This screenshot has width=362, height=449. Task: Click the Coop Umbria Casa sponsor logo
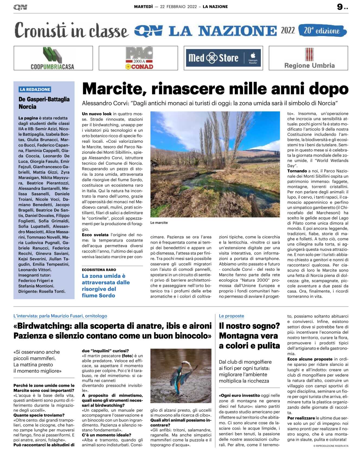(53, 58)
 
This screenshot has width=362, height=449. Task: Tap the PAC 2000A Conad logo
(139, 58)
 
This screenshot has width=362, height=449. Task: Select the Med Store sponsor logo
(223, 58)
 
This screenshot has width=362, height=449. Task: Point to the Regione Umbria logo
(309, 58)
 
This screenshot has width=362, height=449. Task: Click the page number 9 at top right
(340, 7)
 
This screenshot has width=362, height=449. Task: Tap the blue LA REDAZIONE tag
(35, 89)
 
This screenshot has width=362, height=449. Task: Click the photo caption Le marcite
(159, 223)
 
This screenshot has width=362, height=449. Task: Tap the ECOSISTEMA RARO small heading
(99, 270)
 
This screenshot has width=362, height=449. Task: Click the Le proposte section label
(231, 316)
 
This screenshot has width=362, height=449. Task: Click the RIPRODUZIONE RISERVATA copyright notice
(331, 446)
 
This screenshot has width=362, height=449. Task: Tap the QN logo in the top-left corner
(20, 7)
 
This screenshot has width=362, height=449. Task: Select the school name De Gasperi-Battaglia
(44, 99)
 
